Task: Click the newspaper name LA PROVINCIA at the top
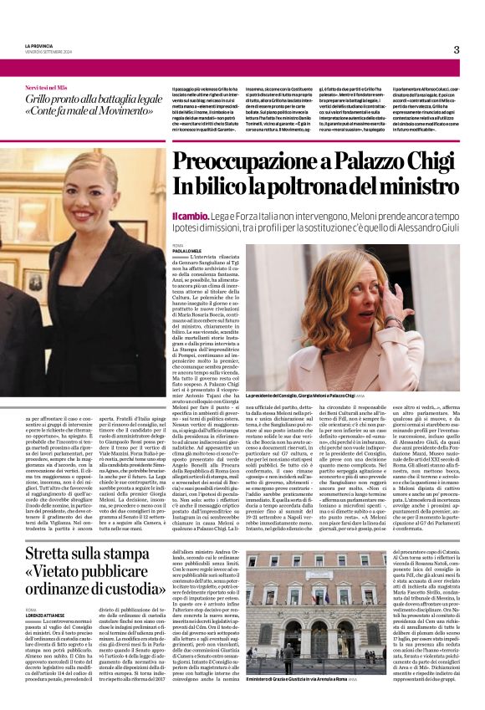point(38,46)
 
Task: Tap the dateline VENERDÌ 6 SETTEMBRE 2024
point(49,52)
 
